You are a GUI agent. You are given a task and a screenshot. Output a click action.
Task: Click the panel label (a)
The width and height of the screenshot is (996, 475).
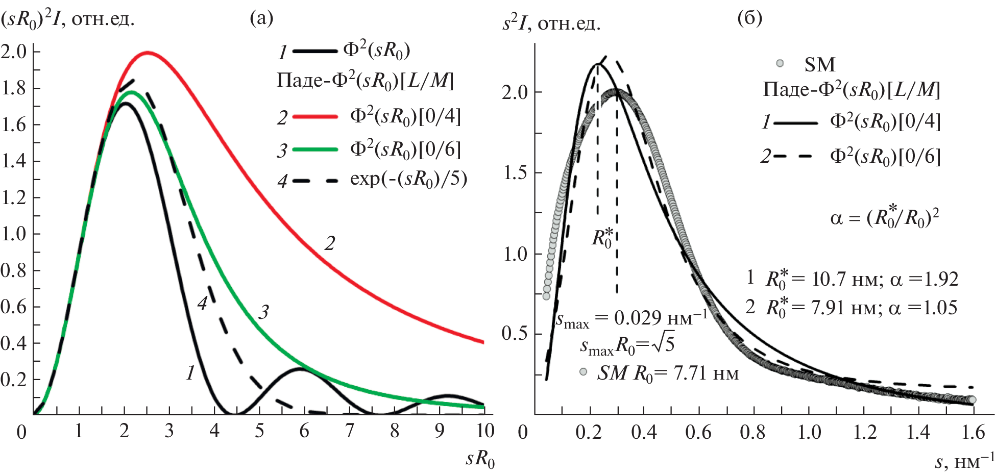click(x=261, y=18)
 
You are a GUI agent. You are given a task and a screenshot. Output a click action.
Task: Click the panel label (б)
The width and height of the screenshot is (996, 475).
click(x=750, y=18)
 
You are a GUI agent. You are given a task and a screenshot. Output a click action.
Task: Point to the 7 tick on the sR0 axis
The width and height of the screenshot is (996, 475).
click(x=349, y=431)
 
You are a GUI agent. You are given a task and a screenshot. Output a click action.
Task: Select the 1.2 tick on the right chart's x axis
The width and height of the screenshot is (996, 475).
click(x=865, y=432)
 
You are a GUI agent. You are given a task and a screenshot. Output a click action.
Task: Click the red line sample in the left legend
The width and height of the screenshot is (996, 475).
click(x=315, y=117)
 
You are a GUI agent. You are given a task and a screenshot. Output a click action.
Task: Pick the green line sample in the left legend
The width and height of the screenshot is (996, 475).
click(x=315, y=149)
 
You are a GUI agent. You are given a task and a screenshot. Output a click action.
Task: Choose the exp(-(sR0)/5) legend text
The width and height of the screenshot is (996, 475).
click(x=408, y=180)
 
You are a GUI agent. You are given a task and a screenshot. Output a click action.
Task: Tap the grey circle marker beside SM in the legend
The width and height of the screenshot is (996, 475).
click(x=780, y=64)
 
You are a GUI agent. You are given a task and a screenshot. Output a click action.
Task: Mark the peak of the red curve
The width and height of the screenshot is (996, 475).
click(x=148, y=52)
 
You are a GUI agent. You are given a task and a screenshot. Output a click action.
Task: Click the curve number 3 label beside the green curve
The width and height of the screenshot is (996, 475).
click(x=263, y=312)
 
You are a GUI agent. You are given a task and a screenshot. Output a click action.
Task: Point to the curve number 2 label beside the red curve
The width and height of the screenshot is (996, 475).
click(x=330, y=243)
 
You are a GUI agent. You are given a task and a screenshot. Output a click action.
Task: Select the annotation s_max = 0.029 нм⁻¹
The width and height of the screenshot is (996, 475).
click(x=631, y=319)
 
